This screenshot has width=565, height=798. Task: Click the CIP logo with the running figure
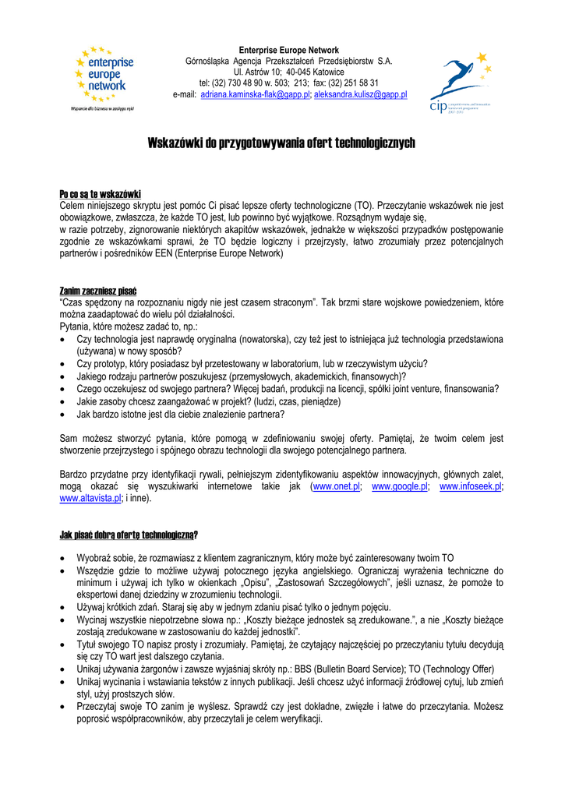(461, 81)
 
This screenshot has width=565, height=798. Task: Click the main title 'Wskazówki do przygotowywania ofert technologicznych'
(282, 143)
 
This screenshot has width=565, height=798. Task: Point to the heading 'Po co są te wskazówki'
(100, 194)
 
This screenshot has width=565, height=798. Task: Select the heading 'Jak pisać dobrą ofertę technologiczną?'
(129, 535)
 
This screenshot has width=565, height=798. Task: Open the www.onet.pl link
(336, 486)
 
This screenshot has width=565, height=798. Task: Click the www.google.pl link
(400, 486)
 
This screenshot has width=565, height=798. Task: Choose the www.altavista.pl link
(90, 498)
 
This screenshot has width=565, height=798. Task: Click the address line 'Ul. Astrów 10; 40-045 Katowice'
(288, 72)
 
